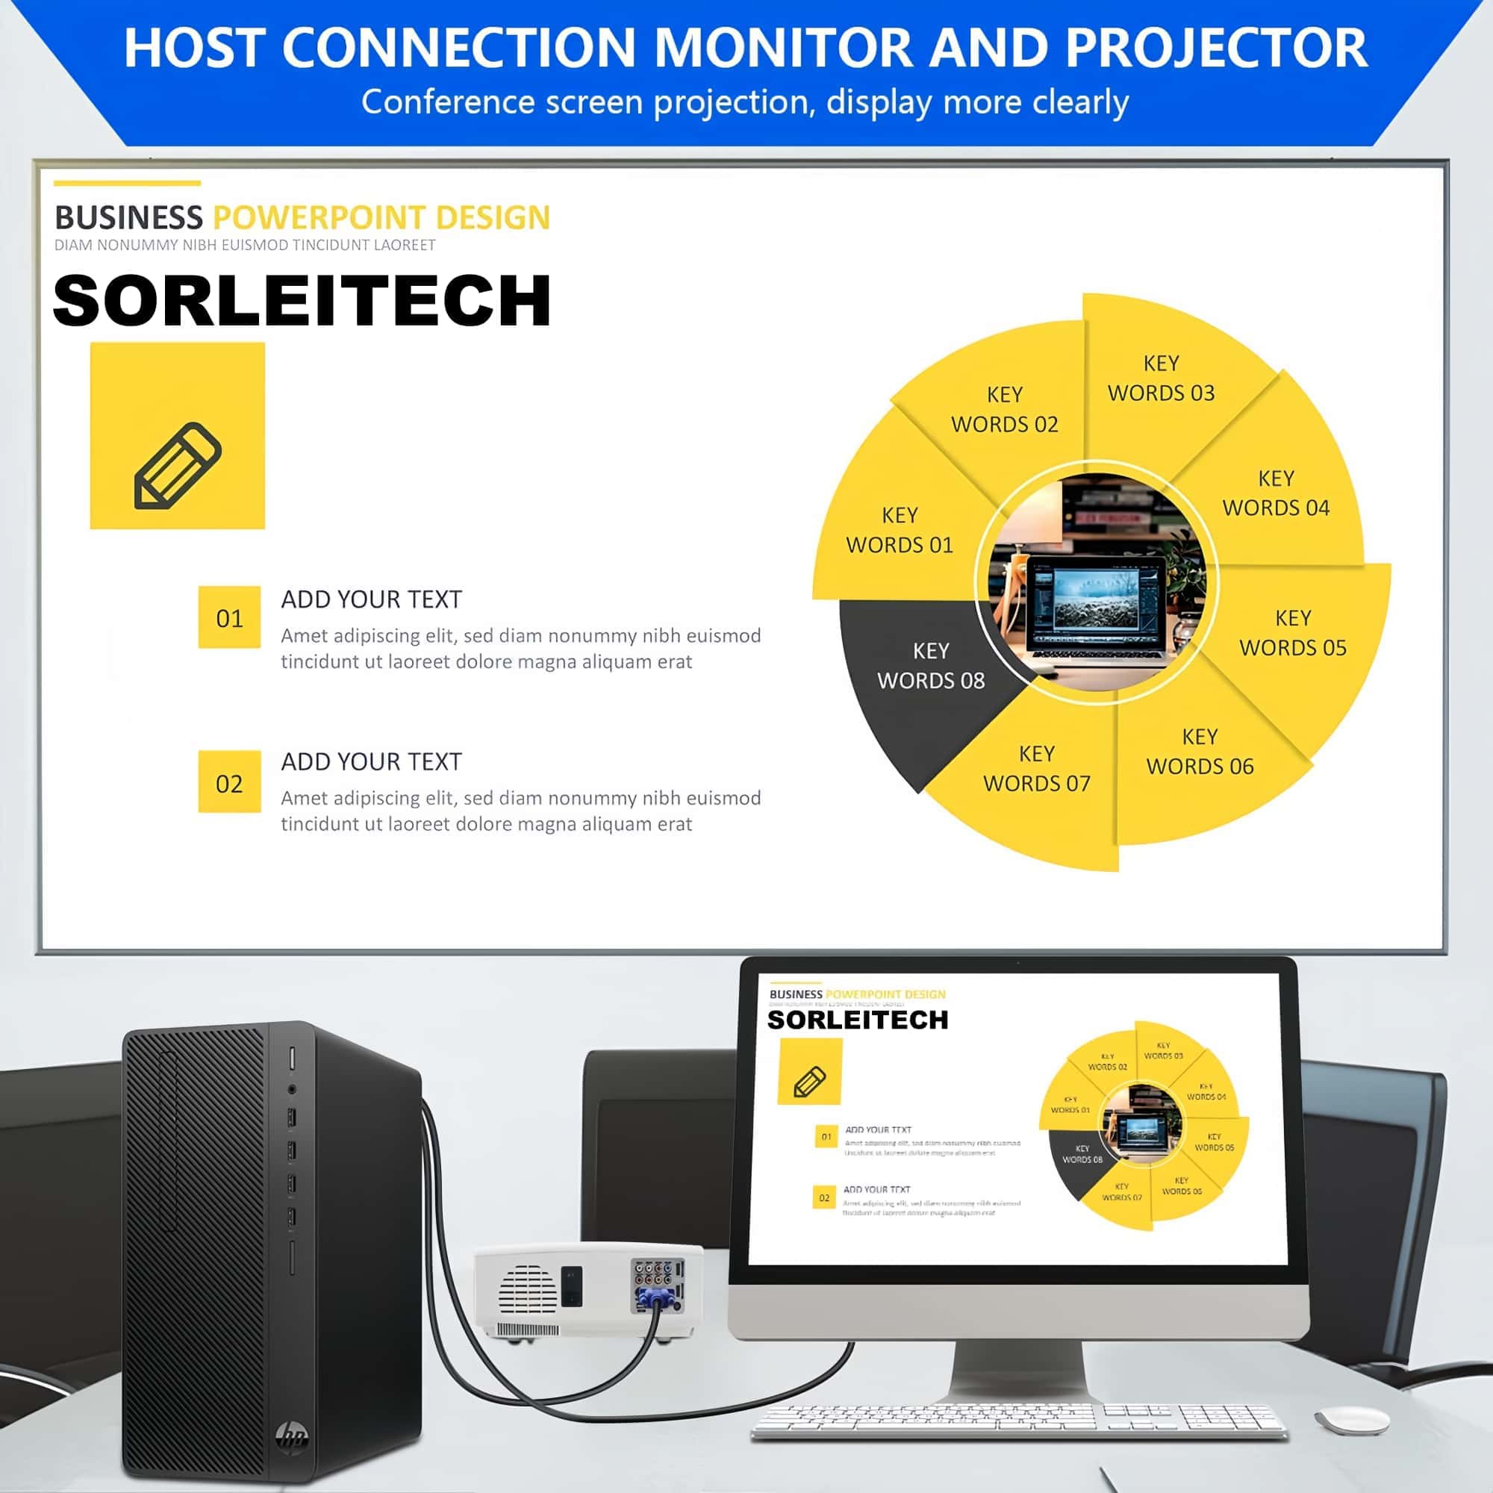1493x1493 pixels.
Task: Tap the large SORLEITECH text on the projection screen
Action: (302, 302)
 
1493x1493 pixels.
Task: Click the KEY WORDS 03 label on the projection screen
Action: (1161, 378)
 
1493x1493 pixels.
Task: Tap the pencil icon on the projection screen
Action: (178, 465)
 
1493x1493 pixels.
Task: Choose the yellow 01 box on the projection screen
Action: (228, 617)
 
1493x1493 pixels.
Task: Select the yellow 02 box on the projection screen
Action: (228, 782)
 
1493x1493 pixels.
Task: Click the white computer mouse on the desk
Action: (1352, 1421)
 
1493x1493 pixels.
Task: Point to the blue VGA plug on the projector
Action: (655, 1301)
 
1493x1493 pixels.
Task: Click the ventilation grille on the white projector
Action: (528, 1288)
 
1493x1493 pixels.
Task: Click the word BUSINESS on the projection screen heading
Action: (128, 218)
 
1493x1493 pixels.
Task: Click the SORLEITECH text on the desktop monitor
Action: (857, 1020)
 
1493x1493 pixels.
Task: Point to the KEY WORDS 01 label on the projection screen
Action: (900, 530)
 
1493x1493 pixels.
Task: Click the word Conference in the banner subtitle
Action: (447, 102)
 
